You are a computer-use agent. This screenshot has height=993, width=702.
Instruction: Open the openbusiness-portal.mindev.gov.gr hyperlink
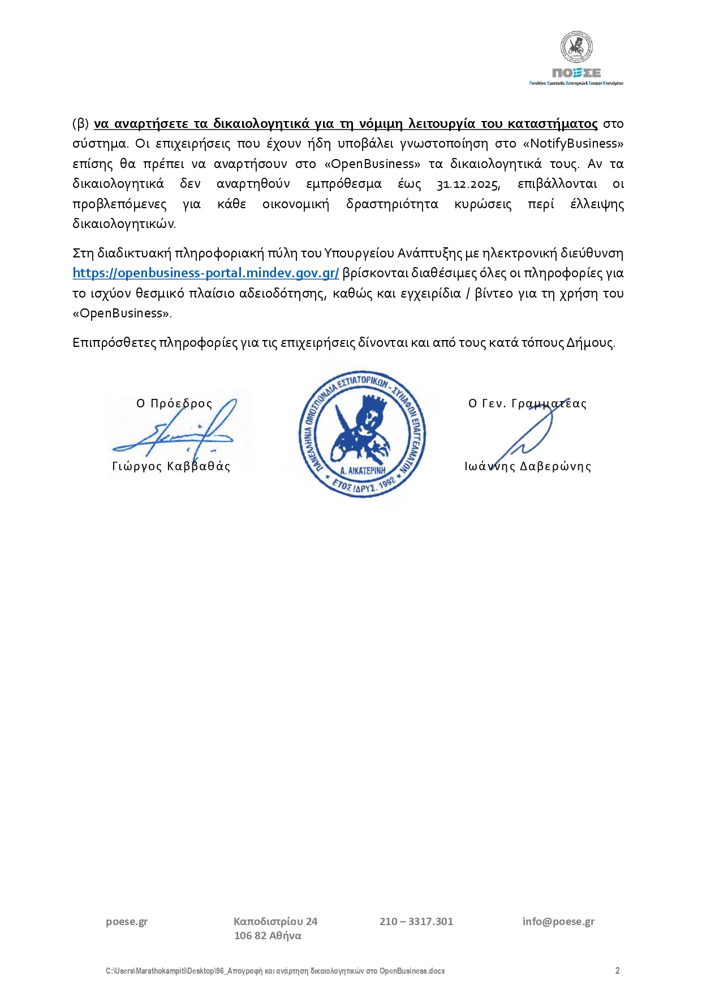click(x=206, y=273)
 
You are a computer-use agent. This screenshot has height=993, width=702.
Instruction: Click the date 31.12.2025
click(x=468, y=184)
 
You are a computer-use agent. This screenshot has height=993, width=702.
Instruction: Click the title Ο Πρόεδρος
click(x=174, y=403)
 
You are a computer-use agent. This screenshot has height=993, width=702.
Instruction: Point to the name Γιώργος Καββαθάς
click(x=171, y=466)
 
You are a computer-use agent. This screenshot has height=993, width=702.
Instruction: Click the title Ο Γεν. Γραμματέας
click(x=527, y=403)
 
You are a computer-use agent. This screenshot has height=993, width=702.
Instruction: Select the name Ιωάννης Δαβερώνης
click(x=528, y=466)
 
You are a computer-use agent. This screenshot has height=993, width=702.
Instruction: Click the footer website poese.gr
click(x=127, y=922)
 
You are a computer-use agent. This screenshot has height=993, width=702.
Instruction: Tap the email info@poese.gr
click(x=558, y=922)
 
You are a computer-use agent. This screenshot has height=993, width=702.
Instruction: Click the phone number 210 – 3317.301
click(x=416, y=922)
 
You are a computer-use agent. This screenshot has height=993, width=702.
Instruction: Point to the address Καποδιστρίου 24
click(x=275, y=922)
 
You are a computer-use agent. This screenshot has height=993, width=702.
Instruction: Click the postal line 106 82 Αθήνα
click(x=268, y=936)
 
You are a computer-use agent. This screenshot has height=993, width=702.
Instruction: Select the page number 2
click(x=617, y=971)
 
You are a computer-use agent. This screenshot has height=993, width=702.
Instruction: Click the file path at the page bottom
click(x=275, y=971)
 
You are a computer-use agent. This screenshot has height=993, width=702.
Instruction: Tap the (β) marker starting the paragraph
click(x=81, y=124)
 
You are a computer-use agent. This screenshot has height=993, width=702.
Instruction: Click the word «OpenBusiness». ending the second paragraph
click(x=122, y=313)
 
